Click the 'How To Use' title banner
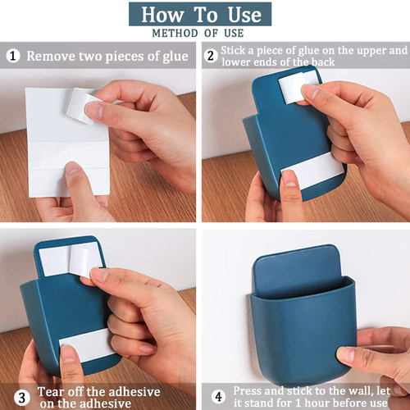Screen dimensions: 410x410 (200, 14)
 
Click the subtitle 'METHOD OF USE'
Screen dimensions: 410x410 (198, 34)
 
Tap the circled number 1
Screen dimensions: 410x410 (13, 56)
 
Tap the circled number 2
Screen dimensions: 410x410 (211, 56)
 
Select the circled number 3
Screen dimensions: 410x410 (22, 398)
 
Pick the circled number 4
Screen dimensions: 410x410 (218, 397)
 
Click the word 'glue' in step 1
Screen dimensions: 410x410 (175, 57)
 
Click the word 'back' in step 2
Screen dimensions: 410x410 (323, 62)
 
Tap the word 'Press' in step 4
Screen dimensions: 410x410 (248, 390)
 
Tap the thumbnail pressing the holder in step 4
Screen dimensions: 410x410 (344, 355)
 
